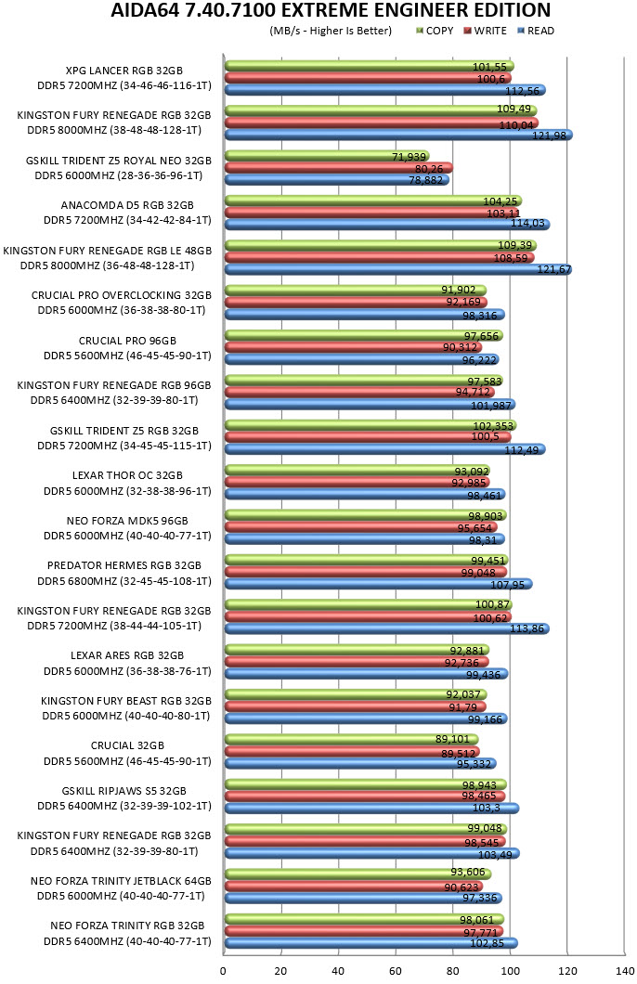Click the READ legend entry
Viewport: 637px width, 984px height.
(x=536, y=31)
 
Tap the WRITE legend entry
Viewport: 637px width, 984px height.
(x=485, y=31)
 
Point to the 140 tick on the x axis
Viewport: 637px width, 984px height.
(x=625, y=971)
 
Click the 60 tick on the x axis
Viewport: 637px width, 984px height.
(x=396, y=971)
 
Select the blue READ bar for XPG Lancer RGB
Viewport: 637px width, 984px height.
(x=384, y=90)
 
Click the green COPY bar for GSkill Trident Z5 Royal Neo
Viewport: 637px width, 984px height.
(x=326, y=156)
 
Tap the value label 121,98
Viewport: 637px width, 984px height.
(x=549, y=136)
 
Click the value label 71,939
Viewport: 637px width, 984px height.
(x=409, y=157)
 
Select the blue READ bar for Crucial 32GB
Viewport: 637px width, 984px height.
(x=360, y=764)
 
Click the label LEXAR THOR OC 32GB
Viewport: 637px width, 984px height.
(x=127, y=475)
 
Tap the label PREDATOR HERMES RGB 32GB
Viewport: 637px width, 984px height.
(x=124, y=565)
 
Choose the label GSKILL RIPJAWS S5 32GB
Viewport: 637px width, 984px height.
(x=124, y=791)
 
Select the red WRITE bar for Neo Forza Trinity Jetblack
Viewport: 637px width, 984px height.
(x=354, y=887)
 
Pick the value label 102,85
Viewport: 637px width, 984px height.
(x=495, y=943)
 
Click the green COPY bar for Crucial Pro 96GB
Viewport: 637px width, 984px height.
(x=363, y=336)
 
